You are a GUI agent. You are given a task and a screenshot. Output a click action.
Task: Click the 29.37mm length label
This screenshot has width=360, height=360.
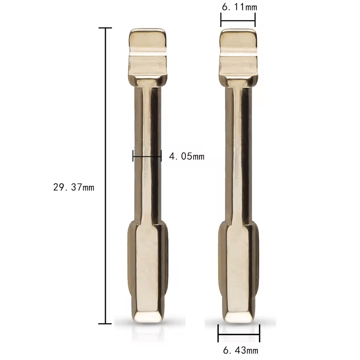point(74,187)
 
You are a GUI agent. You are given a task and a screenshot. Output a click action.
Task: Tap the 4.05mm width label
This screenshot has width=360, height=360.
point(187,156)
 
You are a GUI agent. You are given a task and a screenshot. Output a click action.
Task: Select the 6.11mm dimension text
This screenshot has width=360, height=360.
point(240,7)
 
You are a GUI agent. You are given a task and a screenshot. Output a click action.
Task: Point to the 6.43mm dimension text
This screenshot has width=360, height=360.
point(241,350)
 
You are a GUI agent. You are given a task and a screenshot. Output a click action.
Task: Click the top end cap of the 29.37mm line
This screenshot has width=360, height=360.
point(105,28)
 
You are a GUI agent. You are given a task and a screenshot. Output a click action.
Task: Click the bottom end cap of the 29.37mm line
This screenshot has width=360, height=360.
point(105,324)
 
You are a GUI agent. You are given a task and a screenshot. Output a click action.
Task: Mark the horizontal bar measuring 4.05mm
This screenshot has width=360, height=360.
point(147,157)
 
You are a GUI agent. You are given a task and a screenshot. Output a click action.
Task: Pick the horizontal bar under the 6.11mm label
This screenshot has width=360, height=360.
point(238,20)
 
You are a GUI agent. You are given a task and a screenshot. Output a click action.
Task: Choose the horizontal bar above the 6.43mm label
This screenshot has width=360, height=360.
point(239,334)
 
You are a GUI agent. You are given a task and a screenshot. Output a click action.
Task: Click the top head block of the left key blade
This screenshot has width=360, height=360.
point(147,57)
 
